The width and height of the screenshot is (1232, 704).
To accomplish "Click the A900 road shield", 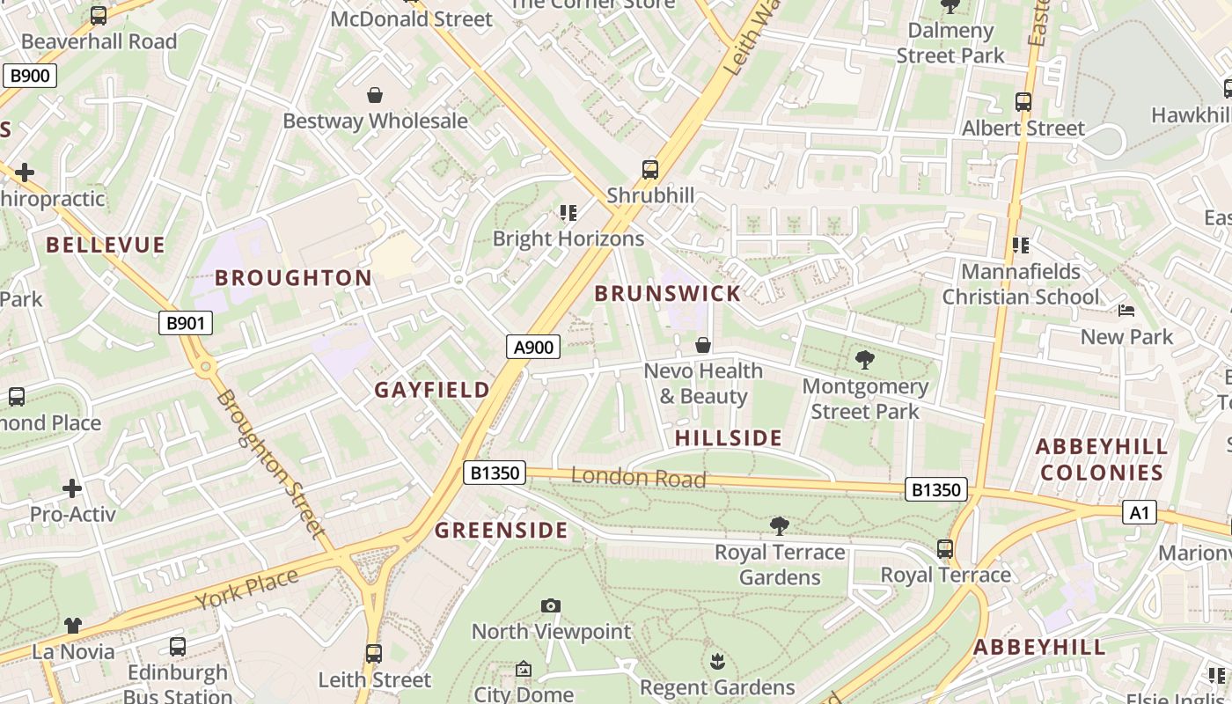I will click(x=533, y=348).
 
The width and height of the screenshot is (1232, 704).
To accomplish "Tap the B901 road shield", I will click(x=186, y=323).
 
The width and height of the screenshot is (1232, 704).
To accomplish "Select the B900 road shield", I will click(x=29, y=76).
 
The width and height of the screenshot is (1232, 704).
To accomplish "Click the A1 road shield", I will click(x=1139, y=512).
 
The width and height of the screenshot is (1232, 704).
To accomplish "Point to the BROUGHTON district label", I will click(x=293, y=278).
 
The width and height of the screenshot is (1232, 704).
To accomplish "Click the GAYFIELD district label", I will click(x=432, y=390).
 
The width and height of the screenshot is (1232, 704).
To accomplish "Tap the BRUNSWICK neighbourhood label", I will click(x=668, y=294).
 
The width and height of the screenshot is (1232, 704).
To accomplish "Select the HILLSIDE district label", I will click(x=729, y=438).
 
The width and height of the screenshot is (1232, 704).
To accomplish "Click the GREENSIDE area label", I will click(x=502, y=531).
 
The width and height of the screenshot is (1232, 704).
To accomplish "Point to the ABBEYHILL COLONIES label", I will click(x=1102, y=459).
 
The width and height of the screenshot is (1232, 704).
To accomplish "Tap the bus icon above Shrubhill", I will click(x=650, y=170).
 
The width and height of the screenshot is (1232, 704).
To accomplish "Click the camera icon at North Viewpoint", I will click(x=551, y=605).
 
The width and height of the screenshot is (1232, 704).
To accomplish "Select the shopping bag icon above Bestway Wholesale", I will click(x=375, y=95).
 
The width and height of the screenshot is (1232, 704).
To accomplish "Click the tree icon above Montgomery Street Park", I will click(x=864, y=359).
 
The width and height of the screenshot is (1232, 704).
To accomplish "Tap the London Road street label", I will click(x=638, y=478).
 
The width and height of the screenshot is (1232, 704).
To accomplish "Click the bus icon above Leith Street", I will click(x=374, y=654).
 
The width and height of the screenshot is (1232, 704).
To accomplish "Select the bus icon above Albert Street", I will click(x=1023, y=102).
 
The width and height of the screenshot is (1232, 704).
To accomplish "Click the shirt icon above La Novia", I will click(x=73, y=626).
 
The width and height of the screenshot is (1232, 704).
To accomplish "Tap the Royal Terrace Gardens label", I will click(x=780, y=565).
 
